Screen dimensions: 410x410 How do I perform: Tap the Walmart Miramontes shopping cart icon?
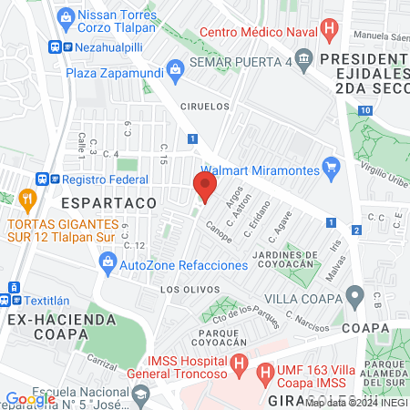(331, 169)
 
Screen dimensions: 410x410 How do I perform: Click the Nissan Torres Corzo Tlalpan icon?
(65, 16)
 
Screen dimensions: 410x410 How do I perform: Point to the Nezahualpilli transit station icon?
(56, 46)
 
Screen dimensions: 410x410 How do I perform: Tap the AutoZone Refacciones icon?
(108, 265)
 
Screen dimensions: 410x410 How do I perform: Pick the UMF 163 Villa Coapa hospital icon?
(266, 372)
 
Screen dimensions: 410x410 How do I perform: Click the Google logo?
(30, 398)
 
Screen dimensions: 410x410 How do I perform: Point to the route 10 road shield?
(364, 110)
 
